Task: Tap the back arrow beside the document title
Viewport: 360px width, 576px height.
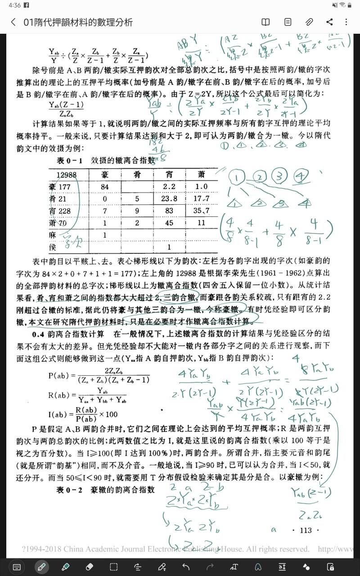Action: point(13,22)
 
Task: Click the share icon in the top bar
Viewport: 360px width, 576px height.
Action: point(329,22)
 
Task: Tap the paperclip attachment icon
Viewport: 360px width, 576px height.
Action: point(309,22)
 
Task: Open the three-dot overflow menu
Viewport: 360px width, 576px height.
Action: point(346,22)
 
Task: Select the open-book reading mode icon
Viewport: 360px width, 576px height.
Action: point(266,22)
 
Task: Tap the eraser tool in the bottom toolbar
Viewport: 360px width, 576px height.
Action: point(89,566)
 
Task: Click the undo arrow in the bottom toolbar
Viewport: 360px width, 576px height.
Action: point(186,566)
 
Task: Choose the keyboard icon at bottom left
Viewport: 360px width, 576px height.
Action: point(17,566)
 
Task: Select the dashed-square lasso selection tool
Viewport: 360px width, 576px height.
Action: point(114,566)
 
